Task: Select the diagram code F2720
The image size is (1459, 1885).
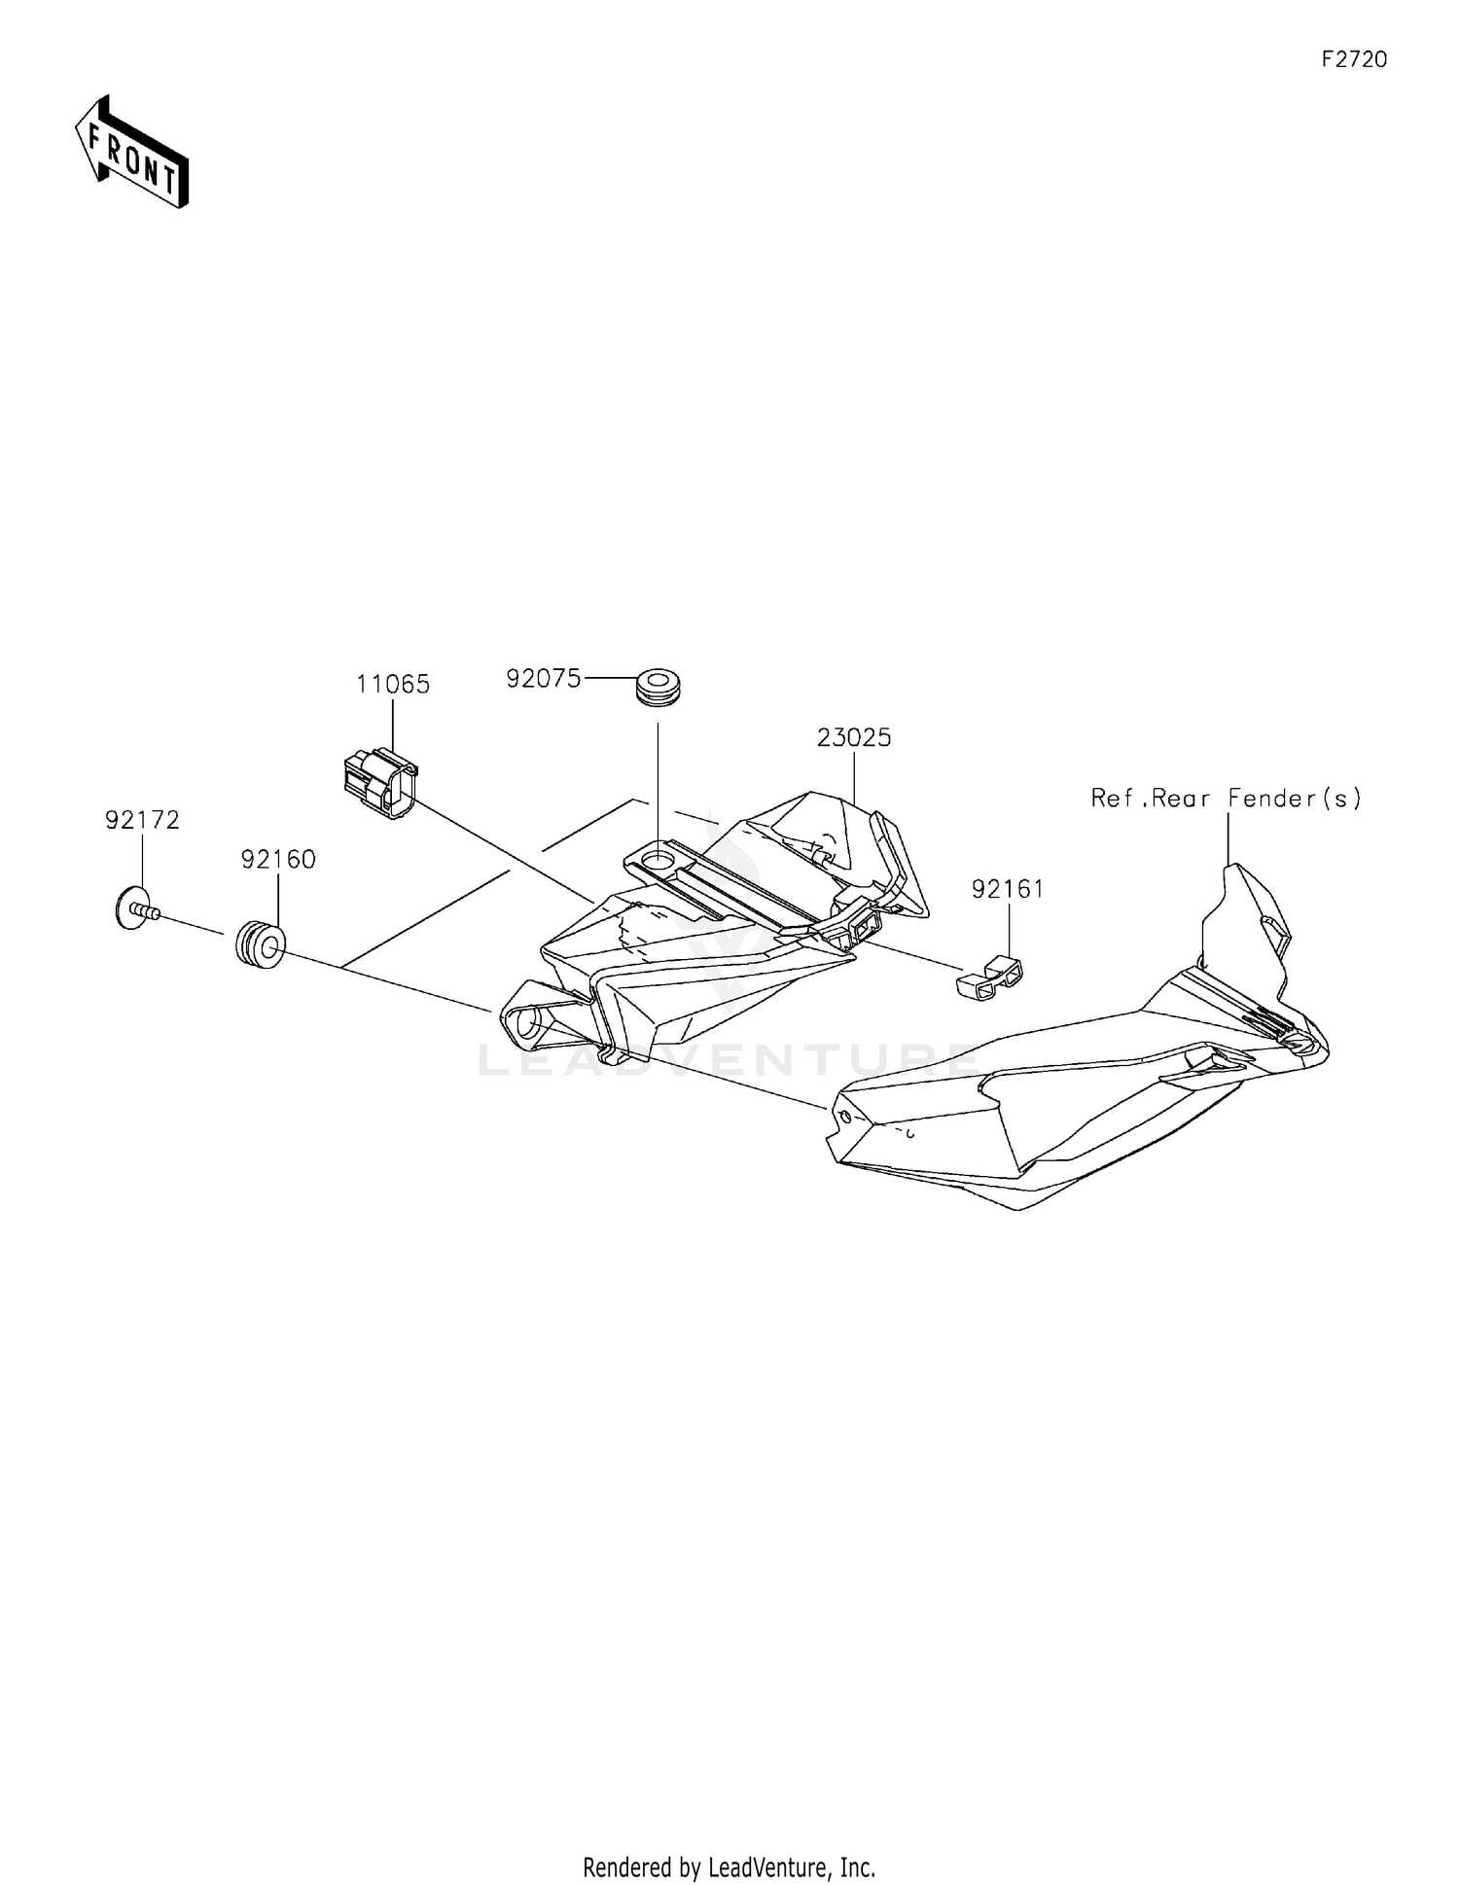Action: [1354, 59]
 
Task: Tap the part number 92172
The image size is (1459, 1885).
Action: [143, 820]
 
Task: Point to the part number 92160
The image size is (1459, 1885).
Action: [278, 859]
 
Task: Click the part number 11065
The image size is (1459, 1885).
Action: [393, 685]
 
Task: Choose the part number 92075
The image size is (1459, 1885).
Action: [543, 678]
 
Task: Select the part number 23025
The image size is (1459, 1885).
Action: [854, 738]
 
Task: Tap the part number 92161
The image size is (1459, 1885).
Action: [1008, 889]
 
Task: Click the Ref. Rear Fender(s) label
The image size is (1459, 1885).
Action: [1227, 799]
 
